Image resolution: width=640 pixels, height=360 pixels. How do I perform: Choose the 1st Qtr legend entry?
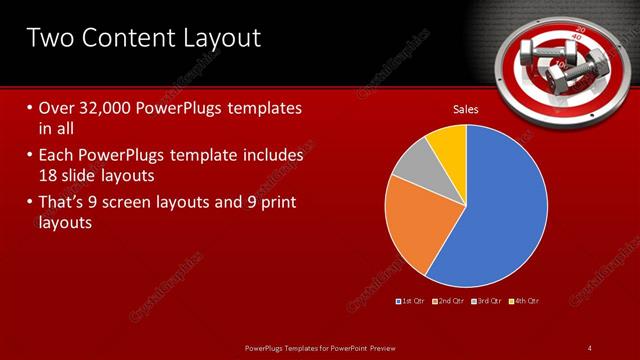(x=413, y=300)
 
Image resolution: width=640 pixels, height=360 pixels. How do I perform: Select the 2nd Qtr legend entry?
(x=449, y=300)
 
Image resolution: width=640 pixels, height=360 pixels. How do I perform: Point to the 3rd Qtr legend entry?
(x=487, y=300)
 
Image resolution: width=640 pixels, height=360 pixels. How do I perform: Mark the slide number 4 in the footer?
(x=590, y=347)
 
